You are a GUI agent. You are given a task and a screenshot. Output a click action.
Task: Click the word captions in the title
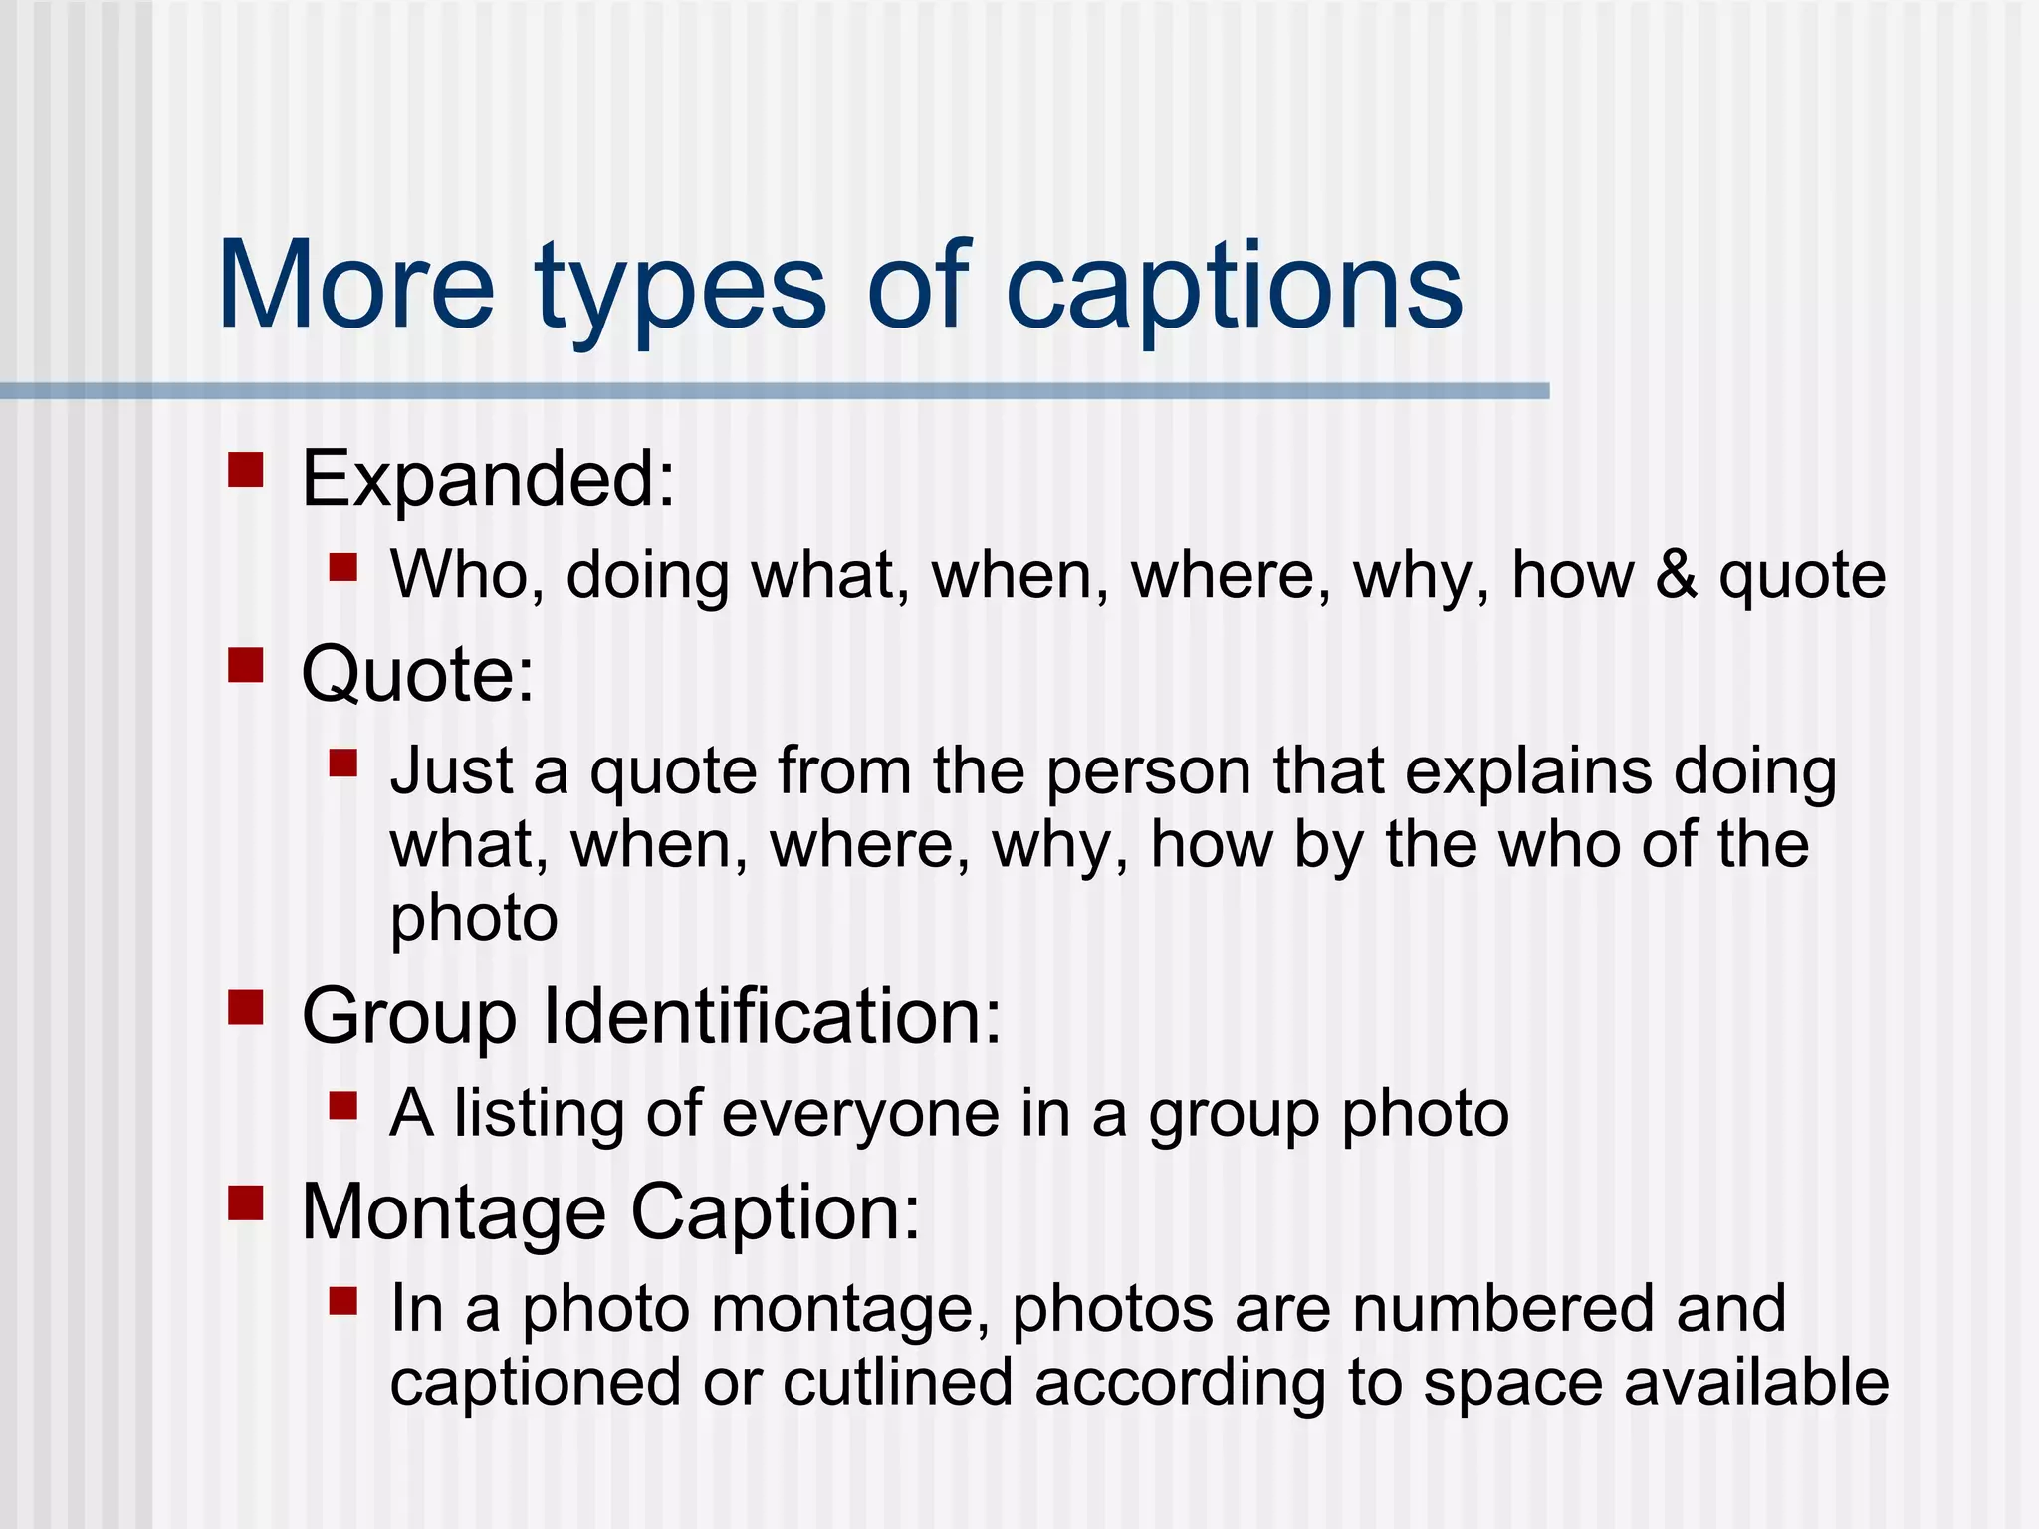[1235, 289]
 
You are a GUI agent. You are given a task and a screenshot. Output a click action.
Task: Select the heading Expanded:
[488, 480]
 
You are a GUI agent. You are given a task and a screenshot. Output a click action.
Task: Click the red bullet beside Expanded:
[245, 470]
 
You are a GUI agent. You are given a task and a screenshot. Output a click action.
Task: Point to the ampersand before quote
[1677, 575]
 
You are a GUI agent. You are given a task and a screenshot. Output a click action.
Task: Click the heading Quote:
[417, 676]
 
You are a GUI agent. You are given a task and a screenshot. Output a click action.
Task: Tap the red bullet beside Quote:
[245, 665]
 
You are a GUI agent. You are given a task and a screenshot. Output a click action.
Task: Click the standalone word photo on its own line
[473, 918]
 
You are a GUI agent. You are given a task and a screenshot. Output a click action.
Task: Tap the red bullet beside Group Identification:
[245, 1007]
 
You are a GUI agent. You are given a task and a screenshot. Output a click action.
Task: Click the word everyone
[860, 1113]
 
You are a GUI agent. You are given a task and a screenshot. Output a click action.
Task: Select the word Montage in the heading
[453, 1213]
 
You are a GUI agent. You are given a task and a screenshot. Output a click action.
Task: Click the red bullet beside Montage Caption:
[245, 1202]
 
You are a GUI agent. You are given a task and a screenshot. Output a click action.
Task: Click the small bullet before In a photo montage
[342, 1301]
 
